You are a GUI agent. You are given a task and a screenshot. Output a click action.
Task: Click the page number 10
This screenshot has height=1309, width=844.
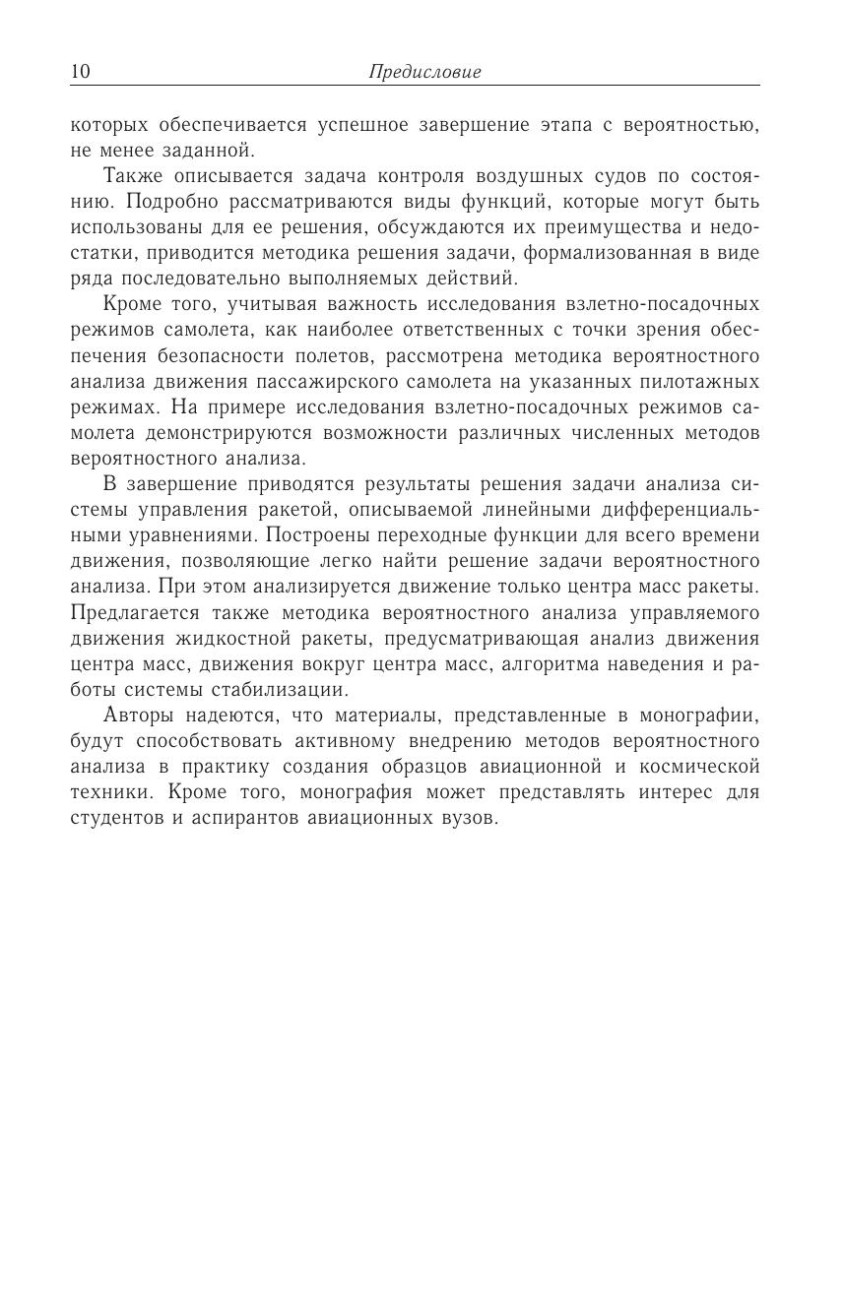(x=80, y=72)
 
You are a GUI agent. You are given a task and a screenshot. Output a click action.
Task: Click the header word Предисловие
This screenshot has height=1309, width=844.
(x=424, y=72)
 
